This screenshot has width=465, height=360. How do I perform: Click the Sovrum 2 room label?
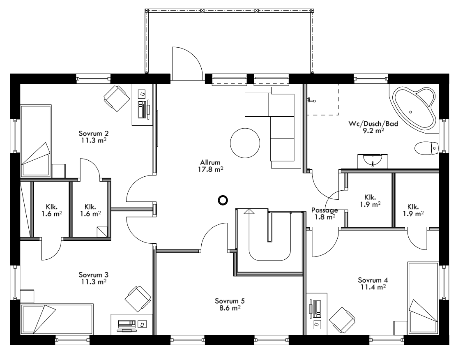[x=93, y=134]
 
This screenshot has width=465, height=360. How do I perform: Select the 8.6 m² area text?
[x=227, y=307]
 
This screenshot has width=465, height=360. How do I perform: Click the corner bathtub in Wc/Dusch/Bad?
[x=413, y=108]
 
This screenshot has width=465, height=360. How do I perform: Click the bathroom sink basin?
[x=372, y=161]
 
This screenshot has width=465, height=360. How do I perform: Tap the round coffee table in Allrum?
[x=244, y=143]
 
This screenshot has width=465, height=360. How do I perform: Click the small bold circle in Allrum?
[x=223, y=200]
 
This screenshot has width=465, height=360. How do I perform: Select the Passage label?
[x=325, y=210]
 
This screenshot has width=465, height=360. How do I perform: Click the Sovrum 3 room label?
[x=93, y=275]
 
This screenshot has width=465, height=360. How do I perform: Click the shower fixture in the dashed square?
[x=311, y=100]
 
